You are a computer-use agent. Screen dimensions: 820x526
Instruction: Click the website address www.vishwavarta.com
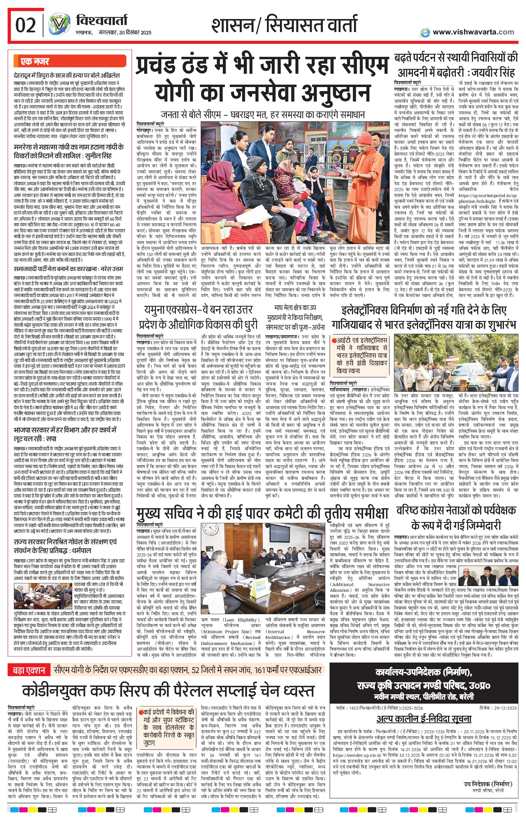coord(473,32)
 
